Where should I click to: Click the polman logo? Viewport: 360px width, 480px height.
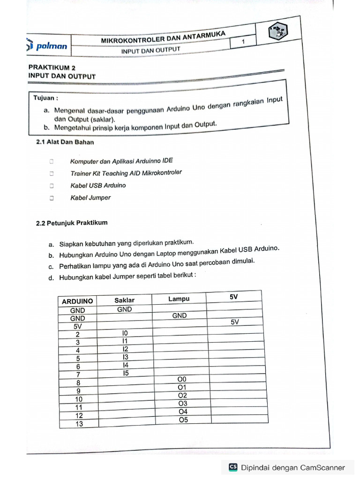click(x=48, y=46)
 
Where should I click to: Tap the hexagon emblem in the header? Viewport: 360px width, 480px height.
click(x=279, y=33)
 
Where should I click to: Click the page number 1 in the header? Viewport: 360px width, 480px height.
click(x=243, y=43)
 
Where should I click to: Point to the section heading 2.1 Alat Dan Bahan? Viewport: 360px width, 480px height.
click(x=65, y=142)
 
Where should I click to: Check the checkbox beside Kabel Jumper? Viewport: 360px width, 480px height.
click(x=52, y=198)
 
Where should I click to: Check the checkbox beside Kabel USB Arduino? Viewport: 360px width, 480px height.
click(x=52, y=186)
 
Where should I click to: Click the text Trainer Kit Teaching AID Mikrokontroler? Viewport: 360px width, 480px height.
click(x=126, y=173)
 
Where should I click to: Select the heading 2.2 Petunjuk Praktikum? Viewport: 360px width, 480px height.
click(x=72, y=224)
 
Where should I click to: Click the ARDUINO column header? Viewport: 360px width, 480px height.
click(x=77, y=301)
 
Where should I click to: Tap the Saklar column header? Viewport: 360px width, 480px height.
click(x=124, y=300)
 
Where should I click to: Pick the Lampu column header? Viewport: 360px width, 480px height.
click(x=179, y=299)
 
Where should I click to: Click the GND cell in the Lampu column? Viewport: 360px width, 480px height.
click(x=179, y=316)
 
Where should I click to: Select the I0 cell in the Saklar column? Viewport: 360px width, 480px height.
click(x=125, y=333)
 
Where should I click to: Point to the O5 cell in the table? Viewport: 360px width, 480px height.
click(x=183, y=420)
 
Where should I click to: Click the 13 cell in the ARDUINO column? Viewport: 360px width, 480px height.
click(x=79, y=424)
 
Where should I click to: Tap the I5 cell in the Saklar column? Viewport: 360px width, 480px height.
click(x=125, y=374)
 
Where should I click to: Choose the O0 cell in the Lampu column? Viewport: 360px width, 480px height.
click(x=182, y=379)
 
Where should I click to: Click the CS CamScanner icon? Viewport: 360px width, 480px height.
click(x=233, y=467)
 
